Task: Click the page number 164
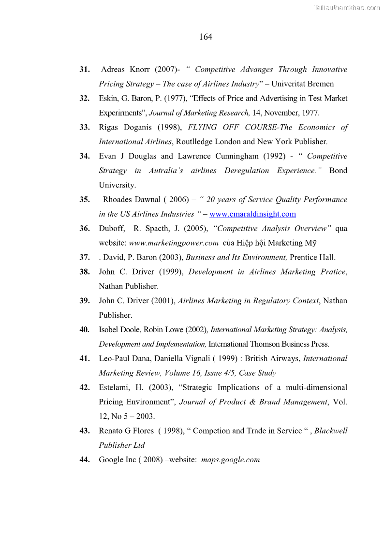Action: point(206,37)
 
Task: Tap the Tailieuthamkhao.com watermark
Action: point(347,7)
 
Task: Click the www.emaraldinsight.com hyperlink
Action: point(252,214)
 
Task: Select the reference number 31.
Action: point(85,70)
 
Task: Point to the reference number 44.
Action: point(85,460)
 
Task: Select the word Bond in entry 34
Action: point(338,171)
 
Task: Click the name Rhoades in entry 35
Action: point(118,200)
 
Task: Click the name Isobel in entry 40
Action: point(109,330)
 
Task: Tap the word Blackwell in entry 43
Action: point(331,431)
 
